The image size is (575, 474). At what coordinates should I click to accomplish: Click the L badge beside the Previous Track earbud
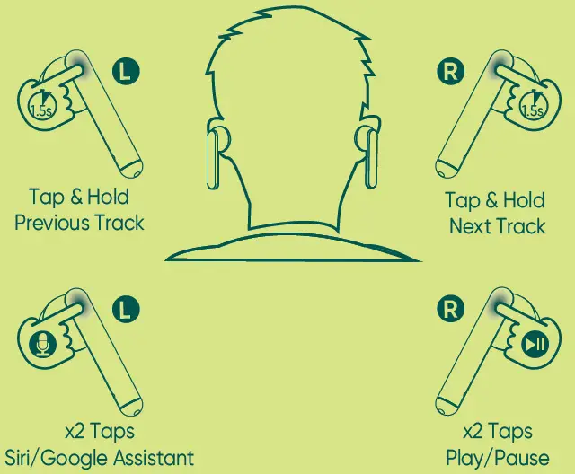126,71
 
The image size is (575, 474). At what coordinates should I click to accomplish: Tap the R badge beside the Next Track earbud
451,71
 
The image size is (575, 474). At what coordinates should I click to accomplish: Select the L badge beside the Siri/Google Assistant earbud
126,310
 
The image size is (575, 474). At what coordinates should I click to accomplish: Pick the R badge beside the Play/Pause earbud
451,309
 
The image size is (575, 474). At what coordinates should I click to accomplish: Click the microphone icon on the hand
42,345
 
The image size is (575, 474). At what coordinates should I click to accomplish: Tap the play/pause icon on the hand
535,345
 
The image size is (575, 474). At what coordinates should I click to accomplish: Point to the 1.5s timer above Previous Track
42,104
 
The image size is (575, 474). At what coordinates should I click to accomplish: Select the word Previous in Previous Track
52,223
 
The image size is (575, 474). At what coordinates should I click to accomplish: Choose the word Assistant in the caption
154,458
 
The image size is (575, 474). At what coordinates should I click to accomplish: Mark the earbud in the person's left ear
214,160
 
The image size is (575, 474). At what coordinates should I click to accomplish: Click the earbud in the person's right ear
370,159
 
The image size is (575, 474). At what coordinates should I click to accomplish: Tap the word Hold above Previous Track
108,197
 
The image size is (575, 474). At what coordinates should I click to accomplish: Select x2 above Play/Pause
473,432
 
